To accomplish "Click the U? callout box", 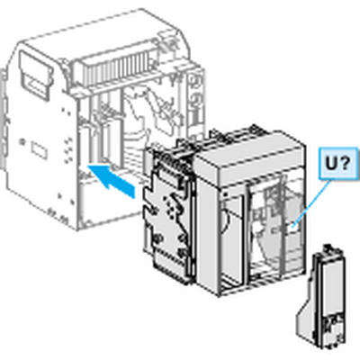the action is [337, 164].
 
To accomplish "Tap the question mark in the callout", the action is [345, 164].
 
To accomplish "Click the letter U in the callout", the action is [332, 164].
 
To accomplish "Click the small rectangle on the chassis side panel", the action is [40, 150].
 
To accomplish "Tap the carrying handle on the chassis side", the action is [34, 75].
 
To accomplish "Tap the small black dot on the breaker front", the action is [225, 194].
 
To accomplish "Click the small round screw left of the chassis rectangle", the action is [22, 140].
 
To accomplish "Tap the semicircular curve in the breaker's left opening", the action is [228, 221].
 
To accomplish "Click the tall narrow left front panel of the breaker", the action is [208, 227].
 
